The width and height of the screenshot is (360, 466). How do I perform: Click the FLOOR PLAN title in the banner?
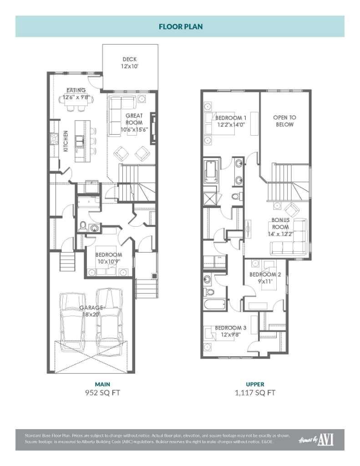click(x=180, y=26)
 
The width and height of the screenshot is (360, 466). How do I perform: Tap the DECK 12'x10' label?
click(x=130, y=63)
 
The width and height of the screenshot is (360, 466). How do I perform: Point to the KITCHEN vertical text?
click(x=66, y=141)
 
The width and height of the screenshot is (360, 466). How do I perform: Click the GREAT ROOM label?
click(x=134, y=122)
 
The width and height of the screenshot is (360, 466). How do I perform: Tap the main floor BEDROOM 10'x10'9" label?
click(x=108, y=258)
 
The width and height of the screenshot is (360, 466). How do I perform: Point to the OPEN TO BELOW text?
click(x=284, y=121)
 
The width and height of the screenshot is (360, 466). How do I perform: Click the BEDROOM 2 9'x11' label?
click(x=265, y=278)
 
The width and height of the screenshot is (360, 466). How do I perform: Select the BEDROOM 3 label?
click(x=230, y=331)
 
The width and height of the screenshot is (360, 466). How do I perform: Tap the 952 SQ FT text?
click(x=102, y=393)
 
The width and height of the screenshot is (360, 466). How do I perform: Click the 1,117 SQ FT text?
click(x=255, y=393)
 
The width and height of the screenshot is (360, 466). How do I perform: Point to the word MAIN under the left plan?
click(x=102, y=384)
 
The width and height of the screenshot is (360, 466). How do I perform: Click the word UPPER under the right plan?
click(x=255, y=384)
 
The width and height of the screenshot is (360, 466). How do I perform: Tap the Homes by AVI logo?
click(x=316, y=439)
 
